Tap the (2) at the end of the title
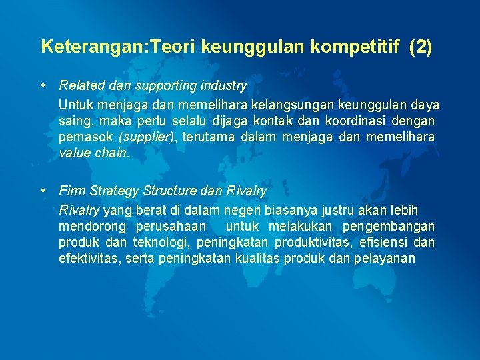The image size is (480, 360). pos(420,47)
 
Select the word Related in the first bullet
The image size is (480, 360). pos(79,85)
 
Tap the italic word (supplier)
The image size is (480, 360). pos(147,137)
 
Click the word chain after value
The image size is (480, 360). pos(110,152)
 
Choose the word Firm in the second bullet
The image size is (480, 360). pos(71,191)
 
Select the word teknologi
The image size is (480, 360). pos(160,241)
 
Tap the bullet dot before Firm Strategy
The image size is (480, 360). pos(43,191)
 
